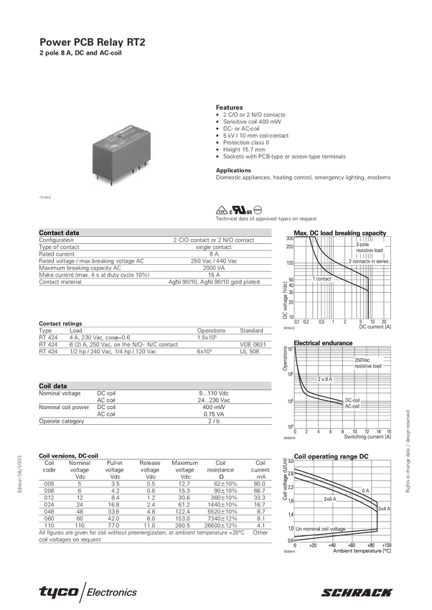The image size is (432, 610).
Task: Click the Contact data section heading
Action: [x=60, y=233]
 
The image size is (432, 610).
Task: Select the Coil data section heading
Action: [x=52, y=385]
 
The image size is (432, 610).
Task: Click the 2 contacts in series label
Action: [x=368, y=262]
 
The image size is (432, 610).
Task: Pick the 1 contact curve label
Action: [x=321, y=278]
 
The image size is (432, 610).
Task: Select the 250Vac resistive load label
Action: [x=368, y=363]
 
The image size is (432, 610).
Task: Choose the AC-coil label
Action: [x=353, y=406]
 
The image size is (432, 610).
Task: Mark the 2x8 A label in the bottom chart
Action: [x=330, y=499]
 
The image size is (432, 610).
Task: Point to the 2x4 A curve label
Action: [x=384, y=508]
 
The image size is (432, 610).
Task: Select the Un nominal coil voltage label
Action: [x=320, y=529]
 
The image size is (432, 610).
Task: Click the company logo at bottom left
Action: [x=87, y=591]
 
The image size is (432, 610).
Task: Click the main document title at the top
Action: [x=92, y=42]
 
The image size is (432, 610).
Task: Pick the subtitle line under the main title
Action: [x=73, y=52]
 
